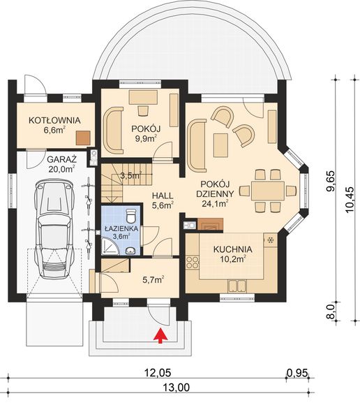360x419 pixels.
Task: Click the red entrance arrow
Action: coord(160,337)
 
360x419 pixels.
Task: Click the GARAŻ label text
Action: coord(61,158)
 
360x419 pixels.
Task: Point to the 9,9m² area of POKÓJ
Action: coord(145,138)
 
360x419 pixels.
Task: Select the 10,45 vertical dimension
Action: coord(346,198)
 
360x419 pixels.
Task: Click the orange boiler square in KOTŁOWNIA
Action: coord(84,138)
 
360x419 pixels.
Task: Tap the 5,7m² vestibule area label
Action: coord(153,279)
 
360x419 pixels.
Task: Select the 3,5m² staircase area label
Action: coord(130,176)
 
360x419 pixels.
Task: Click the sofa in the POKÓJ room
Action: coord(112,130)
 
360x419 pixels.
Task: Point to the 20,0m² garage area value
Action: coord(61,168)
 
